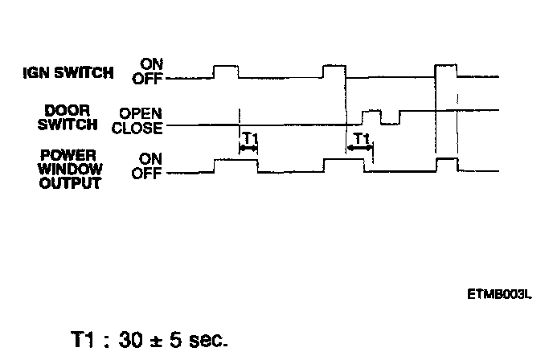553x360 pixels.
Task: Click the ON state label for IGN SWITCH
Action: tap(150, 63)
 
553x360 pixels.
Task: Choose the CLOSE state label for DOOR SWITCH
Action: tap(137, 127)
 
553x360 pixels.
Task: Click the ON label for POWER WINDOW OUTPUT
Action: tap(150, 159)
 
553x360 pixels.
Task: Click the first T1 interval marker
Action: tap(248, 141)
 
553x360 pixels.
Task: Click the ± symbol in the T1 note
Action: tap(157, 339)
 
